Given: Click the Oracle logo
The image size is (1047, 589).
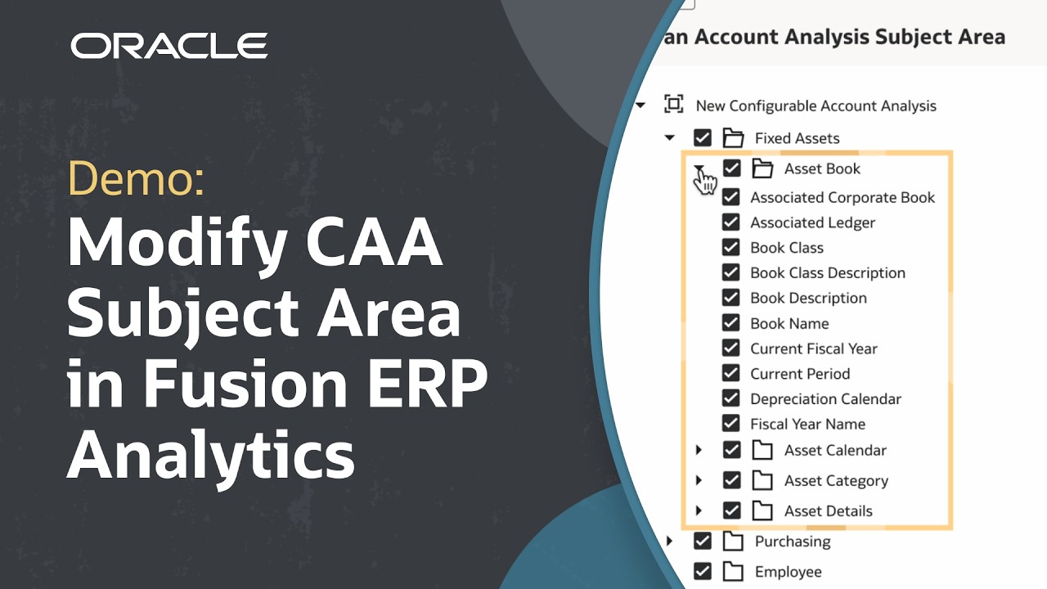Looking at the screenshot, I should pos(169,46).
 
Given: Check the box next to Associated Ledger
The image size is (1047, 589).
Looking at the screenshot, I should pos(731,223).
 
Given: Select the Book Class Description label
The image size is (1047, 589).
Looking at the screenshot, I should pos(827,273).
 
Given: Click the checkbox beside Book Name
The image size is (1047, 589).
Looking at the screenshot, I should pos(731,323).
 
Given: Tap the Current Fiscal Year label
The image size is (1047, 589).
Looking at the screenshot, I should pos(813,348).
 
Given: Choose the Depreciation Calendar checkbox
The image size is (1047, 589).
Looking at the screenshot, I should pos(731,399).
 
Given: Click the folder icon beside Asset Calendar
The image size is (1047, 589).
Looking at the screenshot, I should pos(762,450).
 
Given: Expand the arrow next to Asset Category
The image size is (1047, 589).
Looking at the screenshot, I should pos(699,480).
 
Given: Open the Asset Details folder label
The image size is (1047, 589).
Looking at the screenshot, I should pos(828,511).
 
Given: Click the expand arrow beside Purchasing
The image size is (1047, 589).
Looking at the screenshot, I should pos(670,541).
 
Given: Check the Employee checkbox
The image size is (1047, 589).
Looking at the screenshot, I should pos(703,572).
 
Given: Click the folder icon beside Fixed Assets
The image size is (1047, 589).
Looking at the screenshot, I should pos(733,138).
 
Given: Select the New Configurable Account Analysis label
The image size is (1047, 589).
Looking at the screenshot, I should pos(816,106).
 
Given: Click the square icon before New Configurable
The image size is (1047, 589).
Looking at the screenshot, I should pos(673,105).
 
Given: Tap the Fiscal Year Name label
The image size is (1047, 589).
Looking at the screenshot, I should pos(807,425).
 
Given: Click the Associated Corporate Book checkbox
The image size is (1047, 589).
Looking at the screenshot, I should pos(731,197).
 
